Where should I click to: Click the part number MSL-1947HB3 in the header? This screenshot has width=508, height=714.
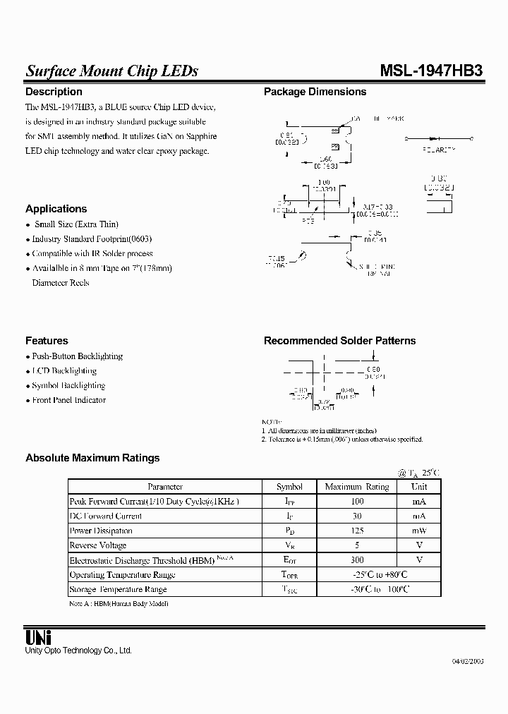click(431, 71)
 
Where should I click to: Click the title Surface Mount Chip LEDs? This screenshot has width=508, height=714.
click(111, 71)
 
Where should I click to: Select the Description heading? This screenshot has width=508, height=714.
click(54, 92)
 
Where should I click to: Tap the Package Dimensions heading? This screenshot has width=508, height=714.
click(315, 92)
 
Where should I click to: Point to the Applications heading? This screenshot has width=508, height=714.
click(56, 209)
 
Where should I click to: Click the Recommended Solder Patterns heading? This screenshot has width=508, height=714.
click(339, 341)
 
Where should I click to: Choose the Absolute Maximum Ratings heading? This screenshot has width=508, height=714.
click(92, 458)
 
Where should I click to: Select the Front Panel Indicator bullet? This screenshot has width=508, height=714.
click(68, 400)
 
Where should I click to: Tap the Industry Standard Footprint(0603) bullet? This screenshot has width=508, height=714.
click(92, 239)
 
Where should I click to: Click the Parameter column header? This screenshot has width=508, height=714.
click(165, 487)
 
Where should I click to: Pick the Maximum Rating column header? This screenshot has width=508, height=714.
click(357, 487)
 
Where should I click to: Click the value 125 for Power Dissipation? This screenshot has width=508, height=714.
click(357, 531)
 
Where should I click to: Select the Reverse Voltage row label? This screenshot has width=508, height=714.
click(98, 545)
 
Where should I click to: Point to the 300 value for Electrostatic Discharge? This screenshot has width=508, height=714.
click(357, 560)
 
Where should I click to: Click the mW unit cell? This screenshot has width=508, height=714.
click(419, 531)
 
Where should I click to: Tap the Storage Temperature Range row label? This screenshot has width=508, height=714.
click(118, 589)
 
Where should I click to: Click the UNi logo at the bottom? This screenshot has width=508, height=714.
click(35, 636)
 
